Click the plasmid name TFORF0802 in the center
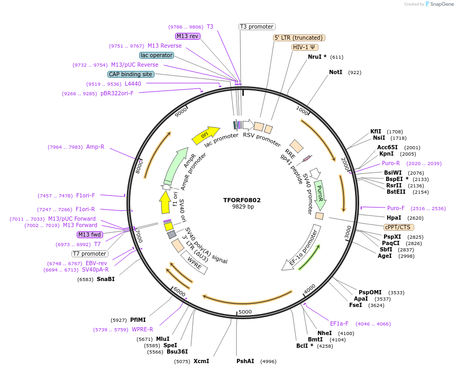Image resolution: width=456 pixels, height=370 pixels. coord(242,200)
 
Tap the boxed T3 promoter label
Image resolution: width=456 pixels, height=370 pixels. coord(257,26)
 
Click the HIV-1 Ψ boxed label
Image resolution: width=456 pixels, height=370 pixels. coord(305,47)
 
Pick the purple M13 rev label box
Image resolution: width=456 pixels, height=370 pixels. coord(188,36)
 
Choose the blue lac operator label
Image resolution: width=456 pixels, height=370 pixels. coord(157,55)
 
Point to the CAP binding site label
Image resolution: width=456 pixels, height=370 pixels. coord(131,74)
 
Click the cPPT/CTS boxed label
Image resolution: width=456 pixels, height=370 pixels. coord(398,227)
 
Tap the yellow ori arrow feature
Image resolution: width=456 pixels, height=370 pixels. coord(206,135)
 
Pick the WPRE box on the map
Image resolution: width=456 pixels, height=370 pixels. coord(194,265)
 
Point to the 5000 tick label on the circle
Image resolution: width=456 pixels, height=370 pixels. coord(245,312)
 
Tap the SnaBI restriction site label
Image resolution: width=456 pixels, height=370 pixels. coord(105,279)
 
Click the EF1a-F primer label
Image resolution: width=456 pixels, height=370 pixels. coord(339,323)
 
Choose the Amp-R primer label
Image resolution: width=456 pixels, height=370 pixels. coord(95,147)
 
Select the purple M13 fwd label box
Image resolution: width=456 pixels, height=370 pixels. coord(89,234)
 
